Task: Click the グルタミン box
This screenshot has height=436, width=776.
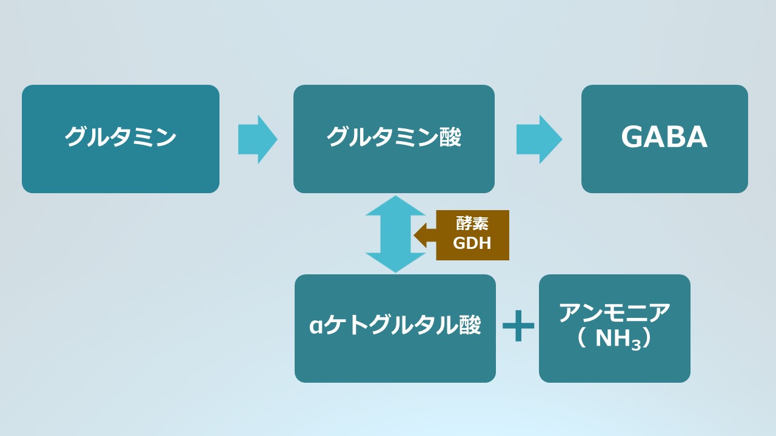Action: (x=120, y=139)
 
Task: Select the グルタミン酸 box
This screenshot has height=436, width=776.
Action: (x=394, y=139)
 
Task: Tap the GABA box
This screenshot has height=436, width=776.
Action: (x=664, y=139)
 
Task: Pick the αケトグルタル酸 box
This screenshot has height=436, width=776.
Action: (x=395, y=328)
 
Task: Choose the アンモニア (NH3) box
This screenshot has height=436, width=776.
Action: (x=614, y=328)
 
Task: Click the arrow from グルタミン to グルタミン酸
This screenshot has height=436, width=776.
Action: (x=258, y=139)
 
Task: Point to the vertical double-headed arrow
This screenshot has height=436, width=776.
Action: (x=395, y=234)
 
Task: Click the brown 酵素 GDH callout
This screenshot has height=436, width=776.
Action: (x=472, y=235)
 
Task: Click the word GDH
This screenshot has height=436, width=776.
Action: (x=472, y=243)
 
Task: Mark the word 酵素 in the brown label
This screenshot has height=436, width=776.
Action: (x=472, y=225)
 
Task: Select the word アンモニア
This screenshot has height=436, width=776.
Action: (x=614, y=314)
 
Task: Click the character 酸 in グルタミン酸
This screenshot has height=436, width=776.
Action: (x=450, y=138)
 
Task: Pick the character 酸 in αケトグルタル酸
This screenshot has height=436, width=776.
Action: (x=470, y=326)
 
